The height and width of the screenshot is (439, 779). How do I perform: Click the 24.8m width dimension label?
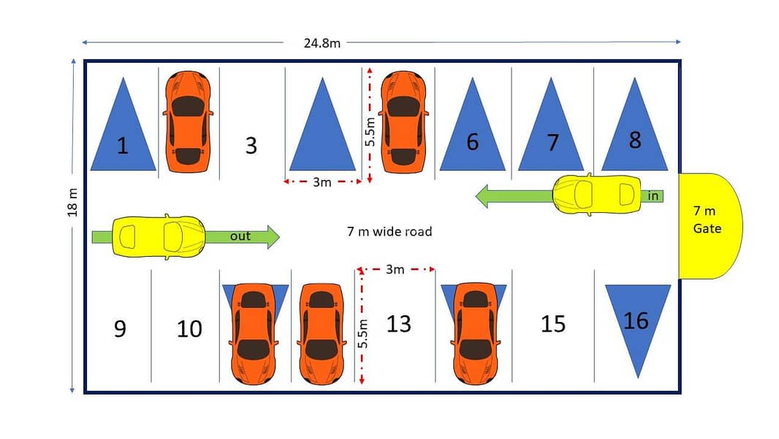(x=322, y=43)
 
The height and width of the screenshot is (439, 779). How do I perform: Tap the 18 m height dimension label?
(x=72, y=203)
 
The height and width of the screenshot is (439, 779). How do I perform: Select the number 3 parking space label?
(x=251, y=146)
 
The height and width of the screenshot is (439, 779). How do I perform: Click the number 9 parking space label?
(x=121, y=329)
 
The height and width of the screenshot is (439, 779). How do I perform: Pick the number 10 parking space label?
(x=189, y=329)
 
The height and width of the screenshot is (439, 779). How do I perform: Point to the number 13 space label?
(x=399, y=324)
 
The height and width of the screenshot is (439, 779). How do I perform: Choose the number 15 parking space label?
(x=553, y=324)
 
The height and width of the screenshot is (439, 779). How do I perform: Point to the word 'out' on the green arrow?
(x=240, y=236)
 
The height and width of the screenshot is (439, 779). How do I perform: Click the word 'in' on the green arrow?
(x=653, y=196)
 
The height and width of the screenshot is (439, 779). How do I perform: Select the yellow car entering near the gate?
(x=596, y=195)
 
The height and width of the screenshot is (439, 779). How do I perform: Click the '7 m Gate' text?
(x=707, y=219)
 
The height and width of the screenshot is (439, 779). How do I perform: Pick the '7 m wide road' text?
(x=389, y=232)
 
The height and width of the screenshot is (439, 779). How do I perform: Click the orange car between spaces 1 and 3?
(x=188, y=121)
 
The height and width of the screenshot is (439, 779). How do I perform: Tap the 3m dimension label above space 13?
(x=395, y=269)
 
